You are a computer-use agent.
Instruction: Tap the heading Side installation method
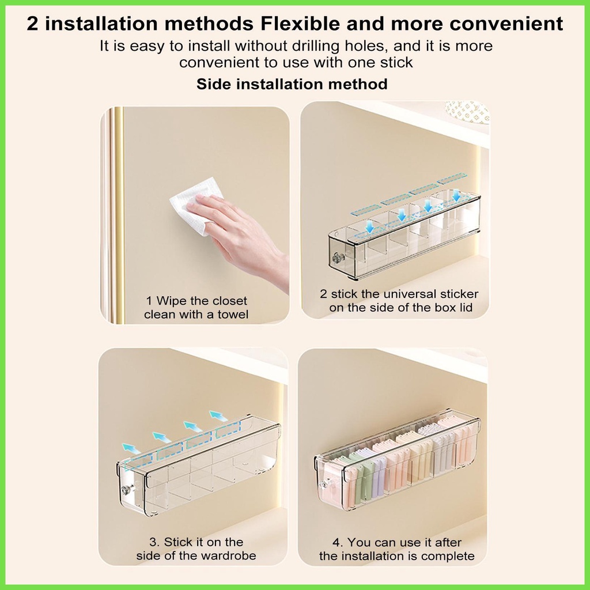(292, 84)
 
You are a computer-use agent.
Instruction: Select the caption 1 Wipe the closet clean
(196, 308)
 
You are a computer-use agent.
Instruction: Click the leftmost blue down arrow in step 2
(370, 226)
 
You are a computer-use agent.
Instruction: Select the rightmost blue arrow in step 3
(218, 416)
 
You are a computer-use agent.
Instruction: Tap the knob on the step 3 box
(126, 490)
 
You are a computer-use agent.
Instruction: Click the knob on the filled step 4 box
(323, 484)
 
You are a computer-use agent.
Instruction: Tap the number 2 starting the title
(33, 23)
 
